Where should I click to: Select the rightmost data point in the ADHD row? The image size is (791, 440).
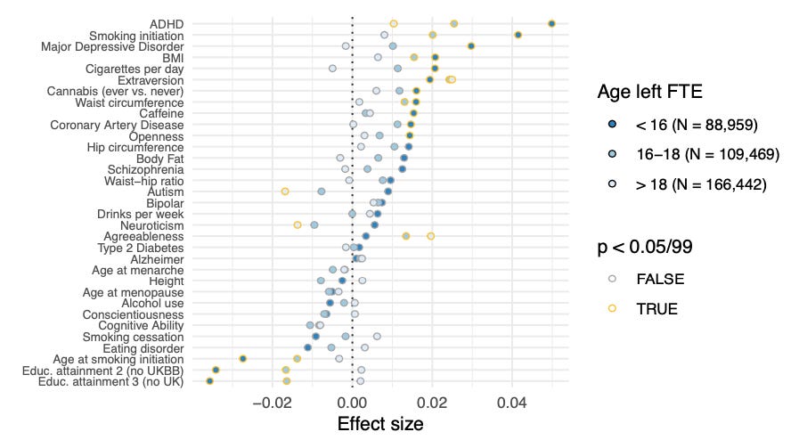click(551, 23)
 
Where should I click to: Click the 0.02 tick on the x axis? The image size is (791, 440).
click(432, 403)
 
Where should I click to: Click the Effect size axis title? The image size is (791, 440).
click(380, 424)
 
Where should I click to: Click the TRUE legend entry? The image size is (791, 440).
click(656, 309)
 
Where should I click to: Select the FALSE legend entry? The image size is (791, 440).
click(660, 279)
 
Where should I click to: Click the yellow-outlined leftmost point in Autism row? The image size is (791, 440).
click(285, 191)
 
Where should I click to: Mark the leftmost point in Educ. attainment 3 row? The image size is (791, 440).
click(210, 381)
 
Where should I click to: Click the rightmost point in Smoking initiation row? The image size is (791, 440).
click(518, 35)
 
